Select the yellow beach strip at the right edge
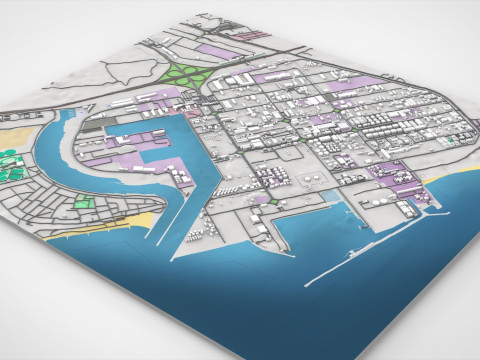point(440,179)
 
